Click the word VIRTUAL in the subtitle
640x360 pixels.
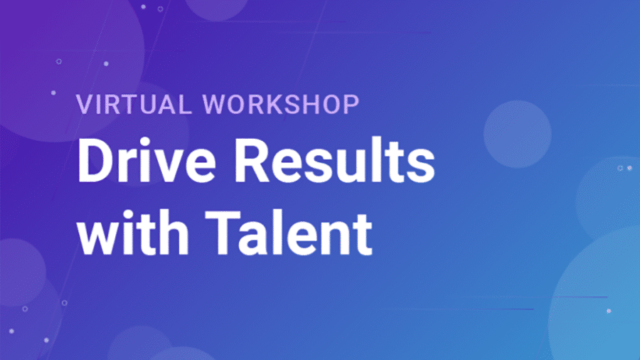(134, 104)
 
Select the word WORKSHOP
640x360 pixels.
(281, 104)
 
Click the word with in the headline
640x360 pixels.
(133, 233)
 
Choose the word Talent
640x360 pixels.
(289, 233)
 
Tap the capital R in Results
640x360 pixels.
(252, 161)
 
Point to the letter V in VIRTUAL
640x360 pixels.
(85, 105)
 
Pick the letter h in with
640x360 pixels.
(174, 232)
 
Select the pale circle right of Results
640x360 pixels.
(518, 134)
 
